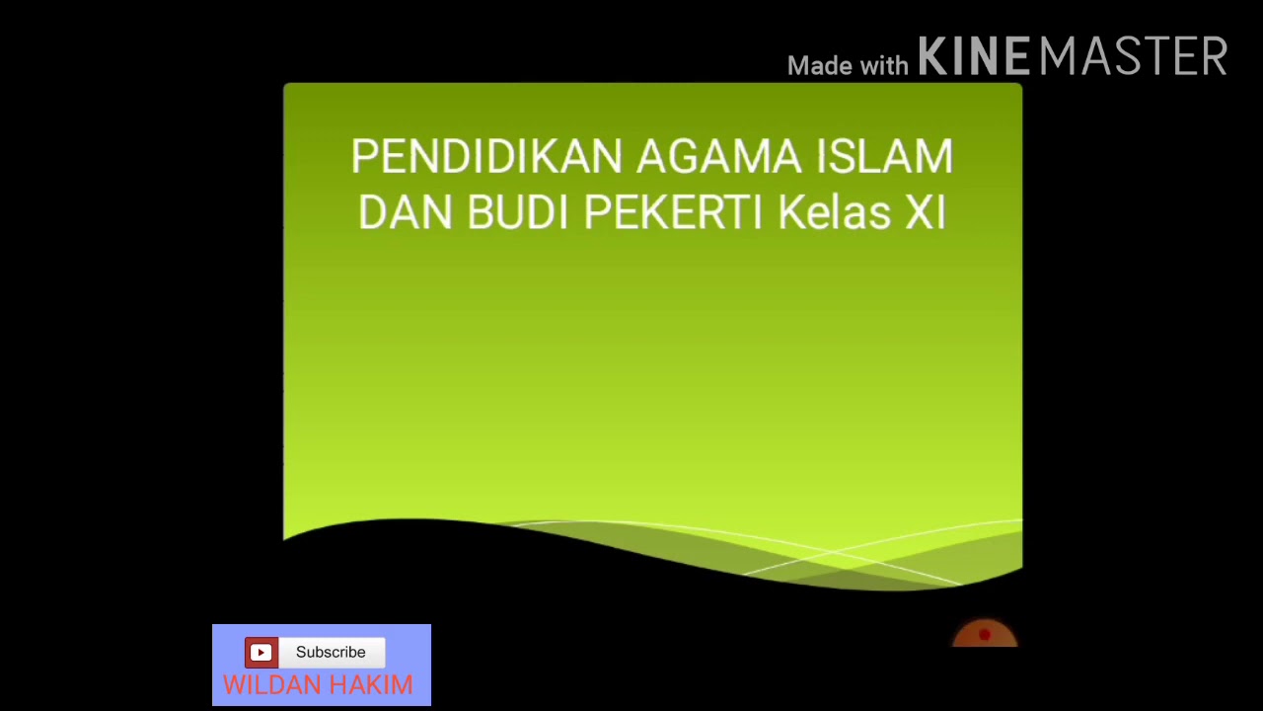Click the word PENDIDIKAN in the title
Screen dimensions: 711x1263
[486, 157]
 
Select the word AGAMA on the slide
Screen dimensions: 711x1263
[719, 157]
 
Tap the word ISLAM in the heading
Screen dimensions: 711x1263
[884, 157]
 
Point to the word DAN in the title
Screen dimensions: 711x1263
[405, 212]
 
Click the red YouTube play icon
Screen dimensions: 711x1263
[260, 652]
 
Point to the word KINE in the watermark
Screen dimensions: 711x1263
[973, 57]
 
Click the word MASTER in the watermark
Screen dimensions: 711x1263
[1133, 57]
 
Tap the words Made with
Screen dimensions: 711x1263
[847, 66]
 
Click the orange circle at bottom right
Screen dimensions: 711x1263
[985, 636]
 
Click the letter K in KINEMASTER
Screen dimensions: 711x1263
[931, 57]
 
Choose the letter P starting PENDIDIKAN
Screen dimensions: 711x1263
[362, 157]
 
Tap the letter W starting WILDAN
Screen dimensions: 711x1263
[236, 685]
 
